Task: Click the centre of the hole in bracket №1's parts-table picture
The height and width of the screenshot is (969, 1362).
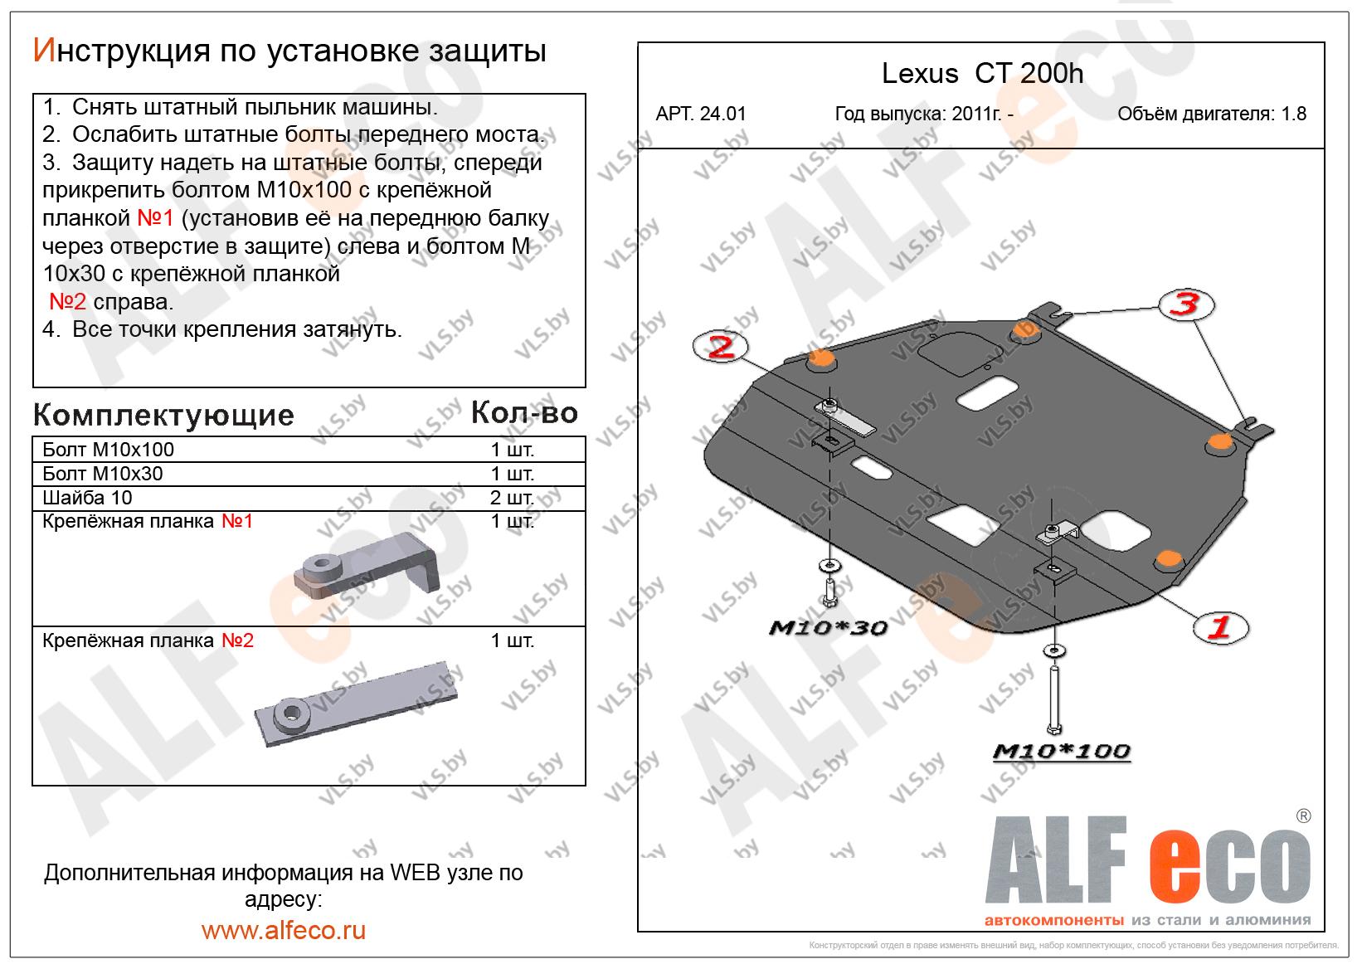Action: (319, 562)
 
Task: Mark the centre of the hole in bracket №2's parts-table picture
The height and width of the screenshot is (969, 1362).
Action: (291, 711)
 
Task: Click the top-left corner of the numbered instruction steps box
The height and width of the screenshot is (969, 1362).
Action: (33, 94)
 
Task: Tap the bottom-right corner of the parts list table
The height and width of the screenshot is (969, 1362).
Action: (586, 786)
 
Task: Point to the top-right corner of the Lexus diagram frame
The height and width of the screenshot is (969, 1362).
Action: (1325, 42)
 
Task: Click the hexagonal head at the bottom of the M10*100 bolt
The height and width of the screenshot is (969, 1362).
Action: (1053, 728)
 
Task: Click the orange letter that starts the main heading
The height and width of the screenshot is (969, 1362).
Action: (44, 51)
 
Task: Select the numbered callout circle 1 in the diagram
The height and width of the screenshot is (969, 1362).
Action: (1220, 627)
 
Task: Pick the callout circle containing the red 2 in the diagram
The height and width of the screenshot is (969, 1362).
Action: (721, 347)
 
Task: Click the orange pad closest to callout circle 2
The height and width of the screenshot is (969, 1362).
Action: (821, 359)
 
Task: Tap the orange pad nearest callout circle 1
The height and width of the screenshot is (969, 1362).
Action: (1168, 558)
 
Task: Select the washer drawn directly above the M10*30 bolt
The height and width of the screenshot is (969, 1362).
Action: (828, 566)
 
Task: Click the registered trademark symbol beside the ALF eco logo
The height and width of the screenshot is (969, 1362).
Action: (1304, 816)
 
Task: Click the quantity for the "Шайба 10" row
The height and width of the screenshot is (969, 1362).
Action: (512, 498)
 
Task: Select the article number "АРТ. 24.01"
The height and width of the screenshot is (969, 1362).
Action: (700, 114)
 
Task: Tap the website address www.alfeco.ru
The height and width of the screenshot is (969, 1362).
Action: (284, 930)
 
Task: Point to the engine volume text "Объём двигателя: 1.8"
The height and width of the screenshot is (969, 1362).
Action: (1212, 114)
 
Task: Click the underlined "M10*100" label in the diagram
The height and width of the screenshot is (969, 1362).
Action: (1062, 752)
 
